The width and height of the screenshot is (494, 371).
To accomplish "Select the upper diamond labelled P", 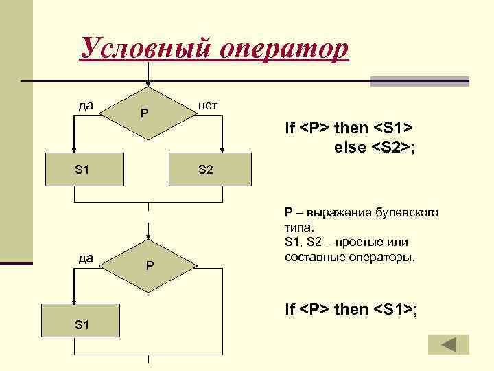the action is [148, 113].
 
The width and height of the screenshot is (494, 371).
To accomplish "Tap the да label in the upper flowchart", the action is [86, 105].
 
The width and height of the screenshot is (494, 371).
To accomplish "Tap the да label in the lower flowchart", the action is [86, 258].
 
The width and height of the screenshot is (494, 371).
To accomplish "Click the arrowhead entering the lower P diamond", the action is [148, 234].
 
